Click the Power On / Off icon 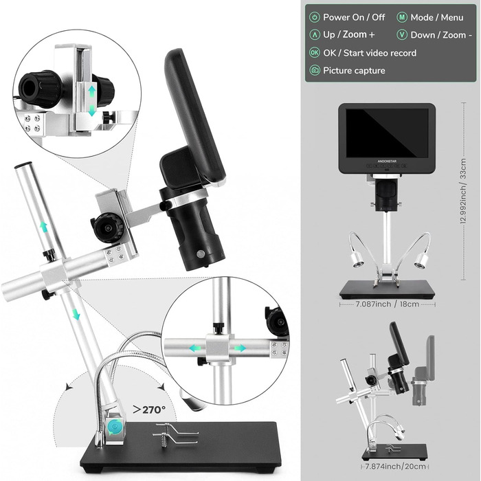(x=315, y=17)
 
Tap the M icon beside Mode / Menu (x=401, y=17)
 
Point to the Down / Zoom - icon (x=401, y=35)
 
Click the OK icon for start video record (x=315, y=53)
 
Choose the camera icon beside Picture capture (x=315, y=71)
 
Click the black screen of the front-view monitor (x=388, y=133)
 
